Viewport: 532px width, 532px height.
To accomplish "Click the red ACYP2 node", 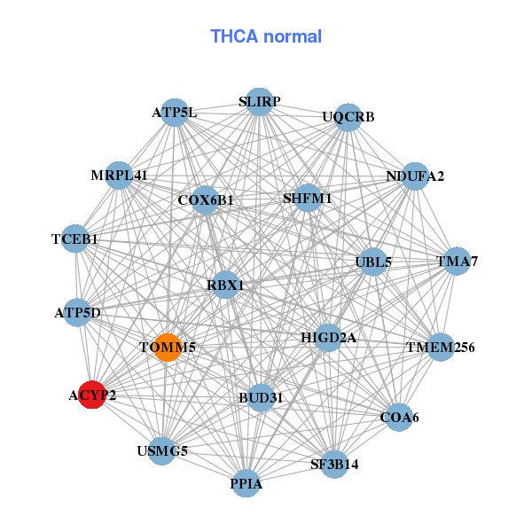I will click(91, 395).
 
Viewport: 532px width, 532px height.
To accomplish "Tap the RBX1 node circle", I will click(226, 285).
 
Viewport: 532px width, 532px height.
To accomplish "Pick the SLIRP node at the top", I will click(259, 102).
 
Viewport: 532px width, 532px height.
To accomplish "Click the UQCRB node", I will click(348, 117).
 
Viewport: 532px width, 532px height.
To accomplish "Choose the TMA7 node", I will click(457, 262).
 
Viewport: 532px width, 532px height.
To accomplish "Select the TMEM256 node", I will click(441, 347).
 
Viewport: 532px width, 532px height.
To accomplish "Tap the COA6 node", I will click(400, 417).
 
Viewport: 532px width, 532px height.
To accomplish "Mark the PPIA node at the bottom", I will click(246, 484).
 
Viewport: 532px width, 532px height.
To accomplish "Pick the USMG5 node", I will click(162, 451).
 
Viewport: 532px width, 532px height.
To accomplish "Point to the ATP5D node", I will click(77, 313).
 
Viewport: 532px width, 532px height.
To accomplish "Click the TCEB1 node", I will click(75, 239).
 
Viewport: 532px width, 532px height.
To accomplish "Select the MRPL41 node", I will click(119, 176).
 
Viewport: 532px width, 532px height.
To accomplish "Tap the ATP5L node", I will click(175, 113).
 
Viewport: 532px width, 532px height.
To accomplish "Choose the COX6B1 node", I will click(205, 199).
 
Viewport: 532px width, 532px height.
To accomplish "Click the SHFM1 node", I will click(307, 198).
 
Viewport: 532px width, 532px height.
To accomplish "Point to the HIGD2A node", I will click(327, 337).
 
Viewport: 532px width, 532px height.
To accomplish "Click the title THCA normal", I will click(265, 36).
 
